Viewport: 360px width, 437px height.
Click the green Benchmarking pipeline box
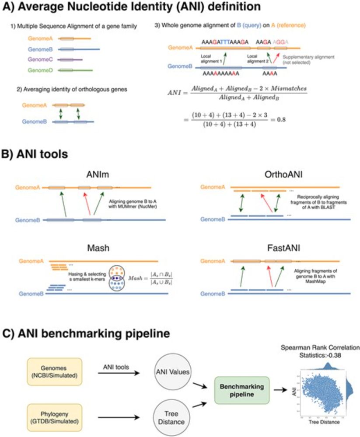[x=242, y=388]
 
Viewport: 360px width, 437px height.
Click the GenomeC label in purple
[x=41, y=59]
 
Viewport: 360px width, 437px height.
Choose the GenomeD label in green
[x=41, y=70]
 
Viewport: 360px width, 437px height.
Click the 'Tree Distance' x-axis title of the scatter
[x=324, y=423]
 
